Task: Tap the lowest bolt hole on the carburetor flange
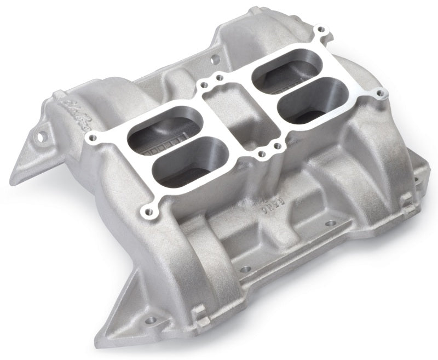(x=147, y=210)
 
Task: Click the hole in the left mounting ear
(x=41, y=134)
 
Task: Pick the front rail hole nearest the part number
(x=331, y=224)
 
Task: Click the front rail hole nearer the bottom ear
(x=245, y=269)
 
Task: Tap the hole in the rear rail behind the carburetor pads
(x=215, y=56)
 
